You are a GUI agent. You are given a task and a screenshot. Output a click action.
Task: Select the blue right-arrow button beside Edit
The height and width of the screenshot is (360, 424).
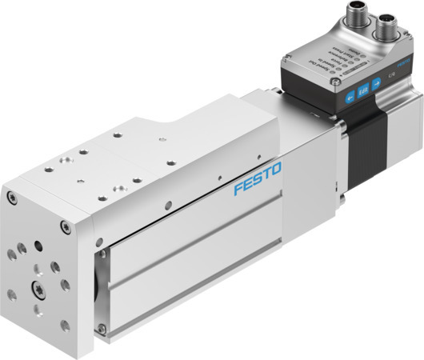pos(377,85)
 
